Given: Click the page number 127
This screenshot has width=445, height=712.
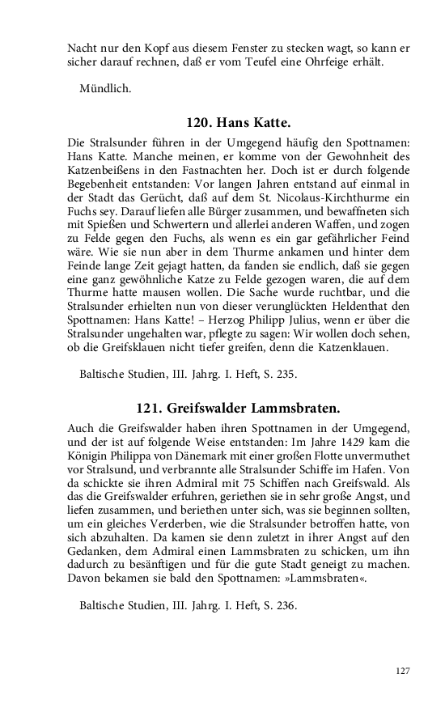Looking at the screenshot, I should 405,671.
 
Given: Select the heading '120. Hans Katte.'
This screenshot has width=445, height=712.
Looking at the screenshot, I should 238,123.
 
